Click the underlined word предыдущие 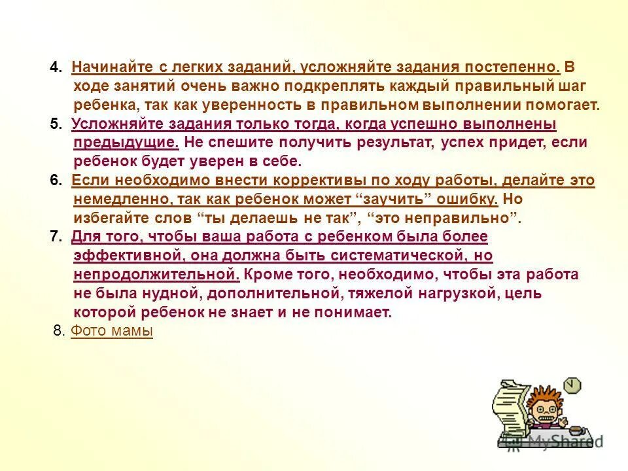point(126,143)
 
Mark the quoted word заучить point(392,200)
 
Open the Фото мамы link point(111,332)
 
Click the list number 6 point(56,181)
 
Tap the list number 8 point(58,332)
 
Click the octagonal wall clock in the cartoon point(572,385)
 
